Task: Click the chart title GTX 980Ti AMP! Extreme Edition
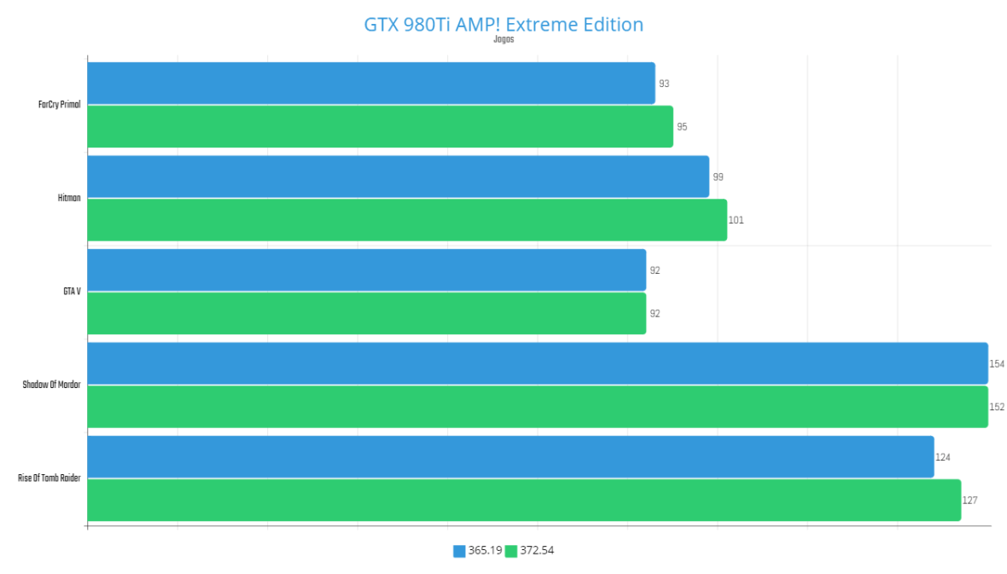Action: [x=503, y=24]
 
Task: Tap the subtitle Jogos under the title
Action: [x=503, y=39]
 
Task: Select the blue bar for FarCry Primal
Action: [x=371, y=84]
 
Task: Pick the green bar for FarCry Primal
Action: [x=380, y=126]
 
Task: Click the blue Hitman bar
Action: [x=398, y=177]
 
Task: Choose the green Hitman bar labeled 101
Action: [x=407, y=220]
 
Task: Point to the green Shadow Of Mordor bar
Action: [x=538, y=407]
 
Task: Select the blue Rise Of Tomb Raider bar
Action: [x=510, y=457]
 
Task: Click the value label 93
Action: [x=664, y=84]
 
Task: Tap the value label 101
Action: [x=736, y=220]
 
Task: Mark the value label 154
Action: [x=997, y=364]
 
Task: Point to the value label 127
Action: [x=969, y=501]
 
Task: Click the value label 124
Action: [x=943, y=458]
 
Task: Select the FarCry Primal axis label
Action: [x=60, y=105]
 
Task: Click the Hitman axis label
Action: [x=69, y=198]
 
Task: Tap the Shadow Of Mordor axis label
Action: [x=52, y=386]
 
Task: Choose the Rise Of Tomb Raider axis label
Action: [x=49, y=478]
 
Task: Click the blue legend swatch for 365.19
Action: [x=459, y=551]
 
